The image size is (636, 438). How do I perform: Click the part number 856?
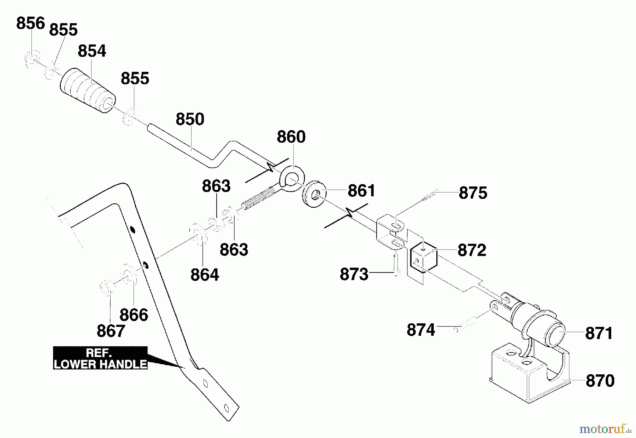click(31, 23)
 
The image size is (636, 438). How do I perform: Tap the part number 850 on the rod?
click(190, 119)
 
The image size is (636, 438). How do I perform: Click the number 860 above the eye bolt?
click(291, 137)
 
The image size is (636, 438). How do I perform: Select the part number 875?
click(473, 193)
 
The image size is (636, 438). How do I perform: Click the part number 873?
click(354, 274)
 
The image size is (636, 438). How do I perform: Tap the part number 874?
click(421, 330)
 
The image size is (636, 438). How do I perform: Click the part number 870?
click(600, 381)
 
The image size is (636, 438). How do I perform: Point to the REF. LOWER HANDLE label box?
click(100, 358)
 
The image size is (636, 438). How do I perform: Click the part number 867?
click(111, 331)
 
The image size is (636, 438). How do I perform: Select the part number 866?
click(134, 315)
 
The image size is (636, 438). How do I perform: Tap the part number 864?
click(205, 275)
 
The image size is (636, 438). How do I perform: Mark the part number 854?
click(92, 51)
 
